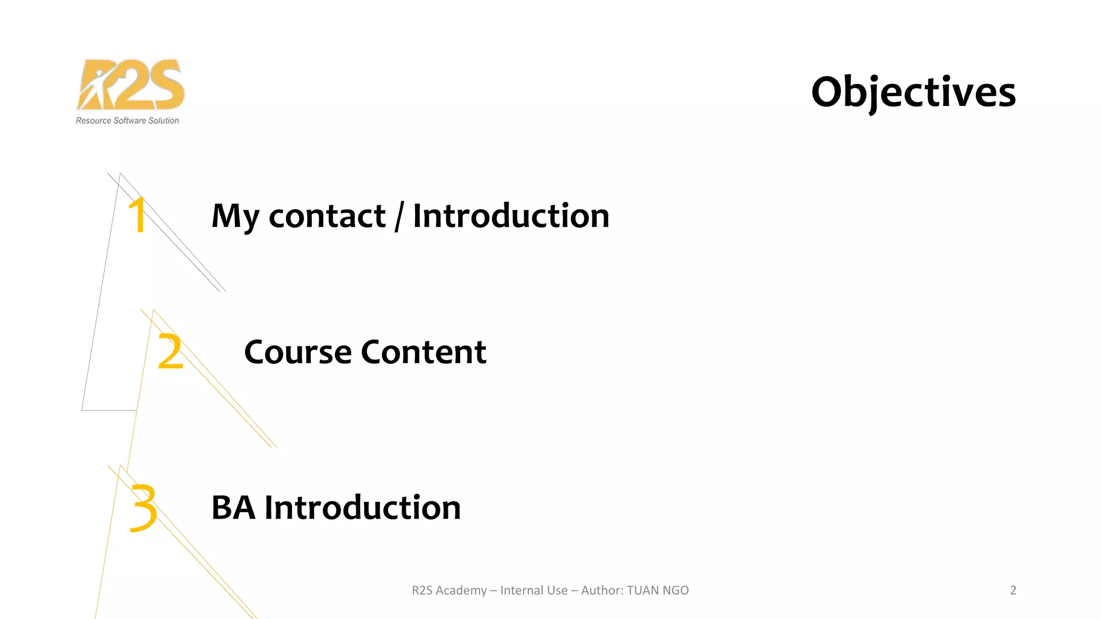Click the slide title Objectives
[913, 92]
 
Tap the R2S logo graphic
[131, 84]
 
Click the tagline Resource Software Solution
[127, 121]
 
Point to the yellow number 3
[143, 508]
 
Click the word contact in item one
[327, 216]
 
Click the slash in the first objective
[399, 216]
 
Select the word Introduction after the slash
[511, 216]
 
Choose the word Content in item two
[424, 352]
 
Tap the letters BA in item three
[233, 508]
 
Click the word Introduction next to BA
[363, 508]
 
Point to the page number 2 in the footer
[1013, 591]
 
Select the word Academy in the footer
[461, 591]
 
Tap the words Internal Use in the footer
[533, 591]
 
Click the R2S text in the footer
[422, 591]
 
